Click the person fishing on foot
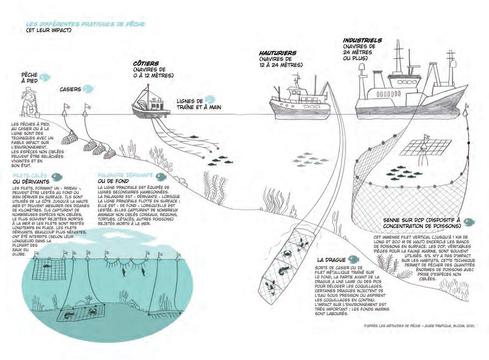[x=30, y=103]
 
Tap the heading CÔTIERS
[x=146, y=63]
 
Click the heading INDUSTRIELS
[x=362, y=40]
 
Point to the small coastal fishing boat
[x=151, y=105]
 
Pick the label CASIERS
[x=70, y=90]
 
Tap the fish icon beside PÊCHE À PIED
[x=45, y=77]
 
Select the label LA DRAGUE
[x=331, y=260]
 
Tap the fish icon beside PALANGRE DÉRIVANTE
[x=161, y=176]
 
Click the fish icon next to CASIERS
[x=88, y=89]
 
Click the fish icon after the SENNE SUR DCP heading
[x=469, y=222]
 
